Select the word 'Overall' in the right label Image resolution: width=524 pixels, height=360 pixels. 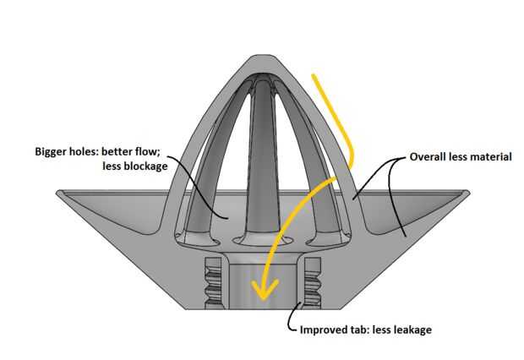pyautogui.click(x=430, y=157)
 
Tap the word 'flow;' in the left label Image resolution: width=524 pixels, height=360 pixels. pyautogui.click(x=150, y=151)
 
